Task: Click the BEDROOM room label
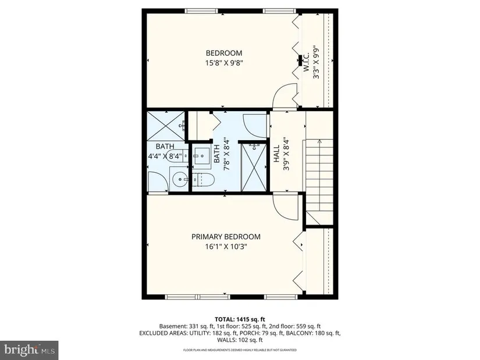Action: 224,54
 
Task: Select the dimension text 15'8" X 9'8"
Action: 224,63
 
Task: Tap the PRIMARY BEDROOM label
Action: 226,237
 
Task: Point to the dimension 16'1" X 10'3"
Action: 226,247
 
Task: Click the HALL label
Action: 276,154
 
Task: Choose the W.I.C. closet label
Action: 307,62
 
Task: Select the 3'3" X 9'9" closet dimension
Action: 317,62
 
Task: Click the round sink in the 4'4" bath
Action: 180,180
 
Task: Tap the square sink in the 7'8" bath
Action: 202,156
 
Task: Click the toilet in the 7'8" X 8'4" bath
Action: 204,179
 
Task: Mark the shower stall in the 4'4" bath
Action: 166,126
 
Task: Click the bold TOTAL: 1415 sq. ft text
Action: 240,319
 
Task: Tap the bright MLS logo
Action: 30,350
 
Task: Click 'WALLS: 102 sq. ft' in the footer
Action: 240,340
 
